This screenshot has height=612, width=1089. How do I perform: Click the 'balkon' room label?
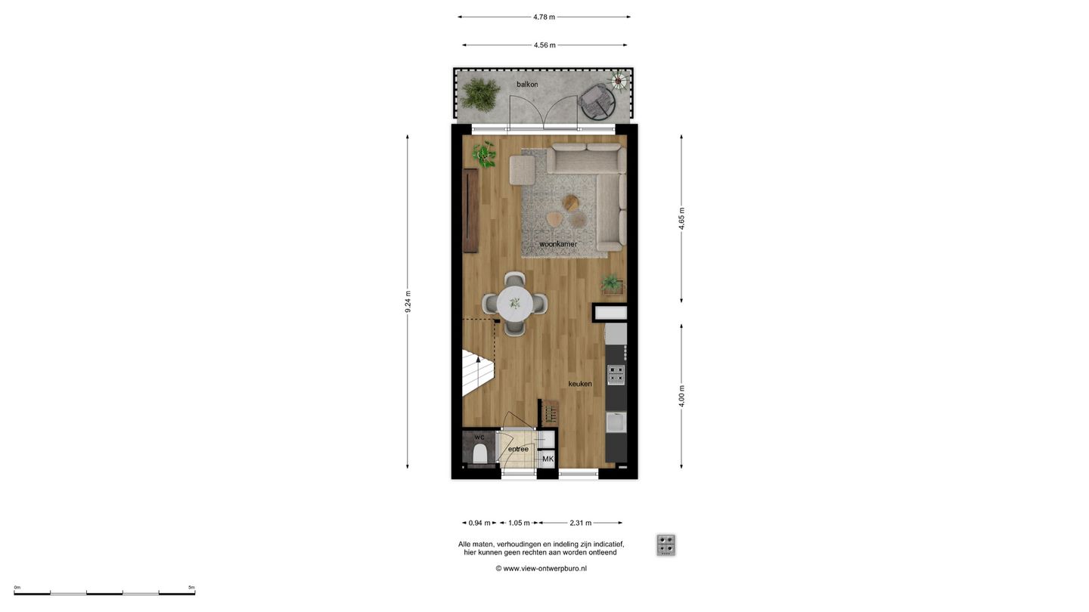coord(527,84)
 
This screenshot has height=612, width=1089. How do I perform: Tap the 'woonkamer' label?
coord(558,244)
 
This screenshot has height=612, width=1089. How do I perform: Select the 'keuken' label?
coord(580,384)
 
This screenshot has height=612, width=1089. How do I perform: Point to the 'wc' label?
coord(479,437)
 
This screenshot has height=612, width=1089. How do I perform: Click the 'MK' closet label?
coord(548,459)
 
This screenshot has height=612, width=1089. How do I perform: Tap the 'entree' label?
coord(518,449)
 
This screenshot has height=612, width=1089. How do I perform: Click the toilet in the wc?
coord(479,454)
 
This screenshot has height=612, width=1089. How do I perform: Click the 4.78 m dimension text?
coord(544,17)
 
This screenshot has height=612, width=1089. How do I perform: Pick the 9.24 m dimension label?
coord(408,301)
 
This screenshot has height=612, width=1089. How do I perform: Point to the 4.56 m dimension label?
coord(544,45)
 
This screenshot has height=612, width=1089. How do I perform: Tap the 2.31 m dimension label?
coord(580,523)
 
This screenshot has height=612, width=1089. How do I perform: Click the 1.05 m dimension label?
coord(519,523)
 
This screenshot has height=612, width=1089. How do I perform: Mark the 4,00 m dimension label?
coord(681,396)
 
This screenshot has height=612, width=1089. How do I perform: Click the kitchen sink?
coord(616,422)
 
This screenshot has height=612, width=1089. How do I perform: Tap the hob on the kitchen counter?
coord(616,374)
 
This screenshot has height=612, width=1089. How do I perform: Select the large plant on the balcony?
coord(481,94)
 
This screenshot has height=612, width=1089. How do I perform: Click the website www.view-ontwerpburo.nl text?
coord(541,568)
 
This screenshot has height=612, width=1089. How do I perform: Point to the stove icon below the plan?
coord(665,545)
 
